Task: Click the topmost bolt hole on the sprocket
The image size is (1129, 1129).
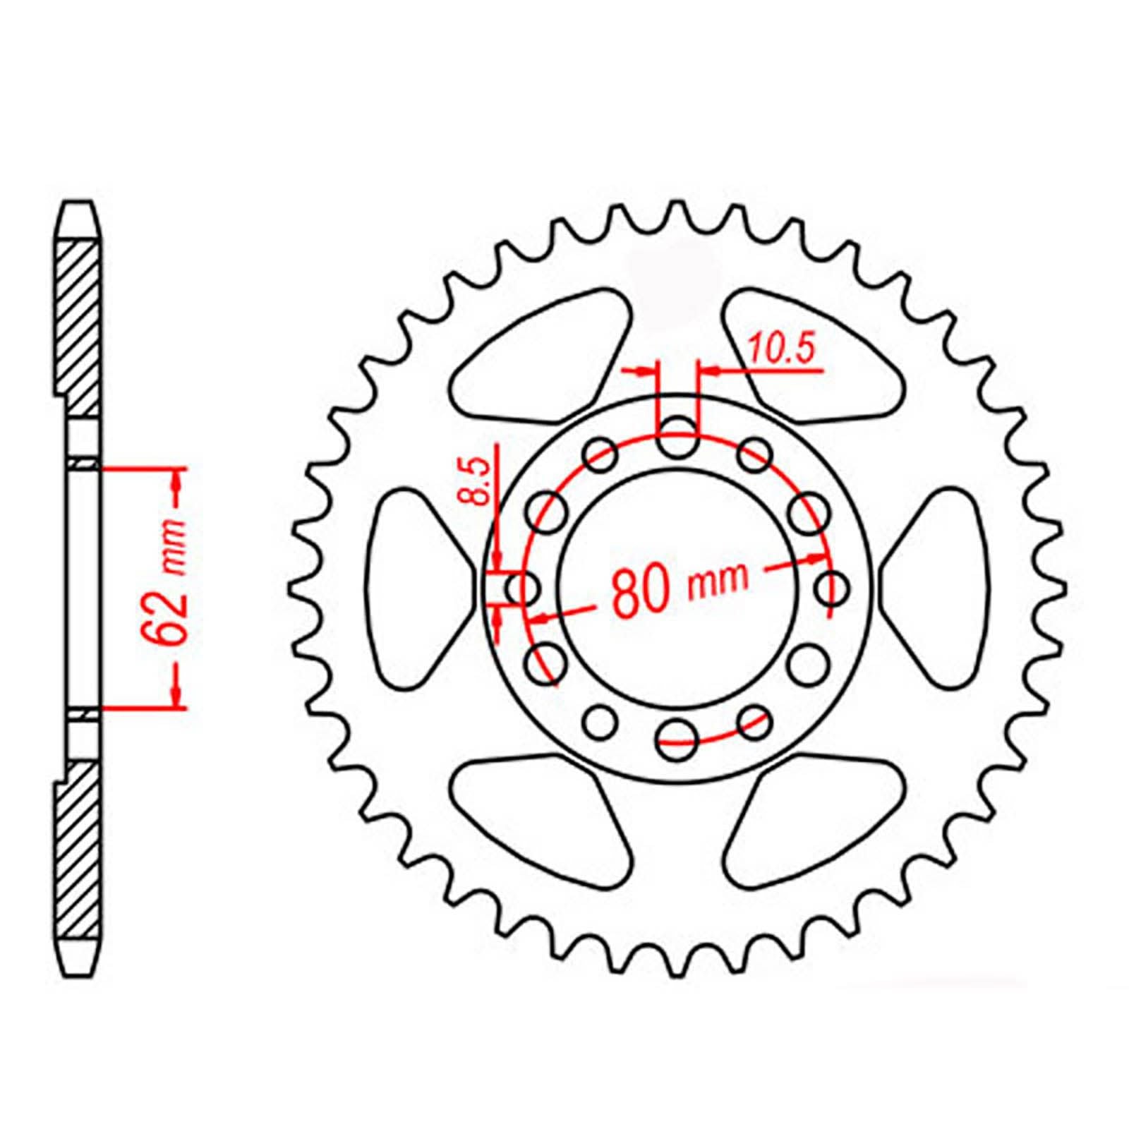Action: [677, 436]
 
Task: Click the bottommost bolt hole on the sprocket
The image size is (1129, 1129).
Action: [677, 739]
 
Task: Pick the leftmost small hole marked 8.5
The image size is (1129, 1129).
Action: [524, 588]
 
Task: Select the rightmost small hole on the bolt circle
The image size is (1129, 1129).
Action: [833, 587]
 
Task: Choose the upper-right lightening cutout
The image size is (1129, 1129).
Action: [811, 353]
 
